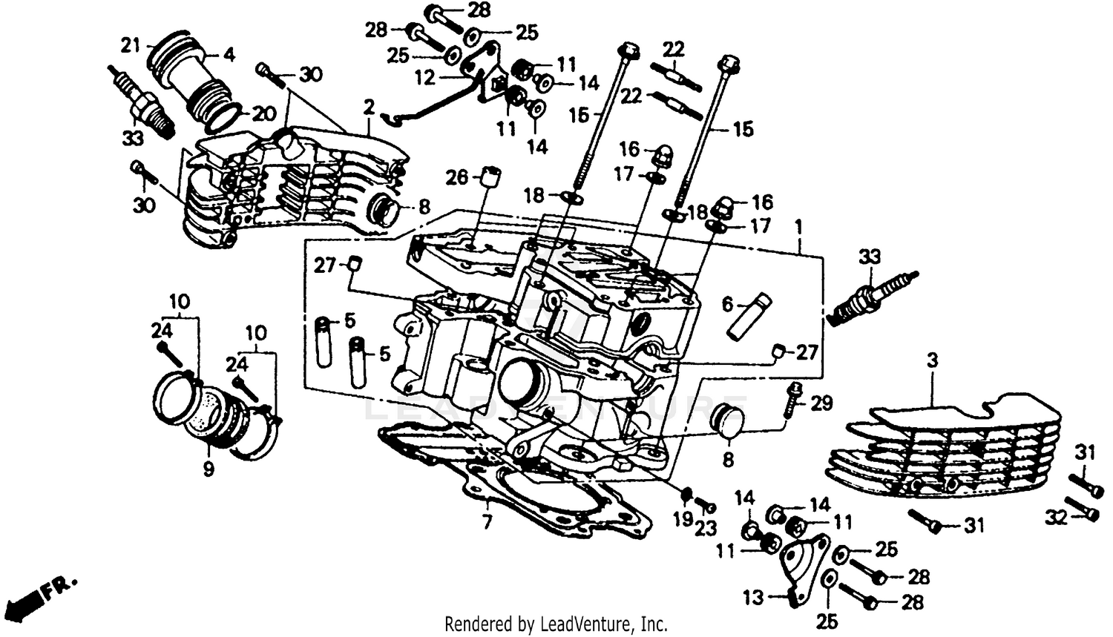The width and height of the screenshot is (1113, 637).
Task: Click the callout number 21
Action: pyautogui.click(x=131, y=46)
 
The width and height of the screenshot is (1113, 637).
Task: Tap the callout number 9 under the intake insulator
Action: pyautogui.click(x=209, y=469)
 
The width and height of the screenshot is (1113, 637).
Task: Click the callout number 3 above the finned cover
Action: pyautogui.click(x=932, y=361)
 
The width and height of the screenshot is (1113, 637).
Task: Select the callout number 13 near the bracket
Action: pyautogui.click(x=753, y=597)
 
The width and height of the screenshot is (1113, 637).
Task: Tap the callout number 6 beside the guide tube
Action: pyautogui.click(x=727, y=304)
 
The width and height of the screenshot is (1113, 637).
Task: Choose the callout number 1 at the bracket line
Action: pyautogui.click(x=798, y=225)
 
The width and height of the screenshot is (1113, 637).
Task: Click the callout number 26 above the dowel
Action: pyautogui.click(x=457, y=177)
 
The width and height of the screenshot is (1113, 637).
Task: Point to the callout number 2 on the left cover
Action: pyautogui.click(x=369, y=108)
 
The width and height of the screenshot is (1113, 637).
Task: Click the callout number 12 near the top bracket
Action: pyautogui.click(x=424, y=76)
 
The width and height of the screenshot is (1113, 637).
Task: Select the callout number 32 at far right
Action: pyautogui.click(x=1056, y=517)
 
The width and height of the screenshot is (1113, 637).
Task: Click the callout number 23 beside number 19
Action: pyautogui.click(x=706, y=528)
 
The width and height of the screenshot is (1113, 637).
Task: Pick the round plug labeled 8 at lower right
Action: pyautogui.click(x=726, y=420)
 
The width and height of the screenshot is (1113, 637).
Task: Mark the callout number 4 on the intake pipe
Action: pyautogui.click(x=229, y=55)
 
